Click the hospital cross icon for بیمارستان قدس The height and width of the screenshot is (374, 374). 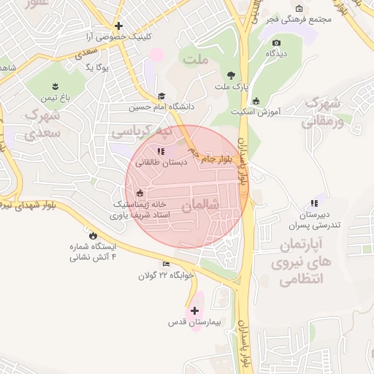coord(194,310)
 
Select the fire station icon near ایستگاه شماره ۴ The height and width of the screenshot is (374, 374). coord(93,234)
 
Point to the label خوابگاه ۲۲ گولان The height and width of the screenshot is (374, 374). coord(167,276)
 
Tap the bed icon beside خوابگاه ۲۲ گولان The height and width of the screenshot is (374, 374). coord(167,264)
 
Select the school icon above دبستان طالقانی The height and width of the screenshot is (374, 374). coord(161,151)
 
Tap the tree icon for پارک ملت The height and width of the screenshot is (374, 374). coord(232,75)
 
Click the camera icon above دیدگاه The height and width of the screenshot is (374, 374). coord(277,42)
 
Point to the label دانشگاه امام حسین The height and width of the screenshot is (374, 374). coord(161,107)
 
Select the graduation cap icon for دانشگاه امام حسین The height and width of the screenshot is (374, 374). coord(161,95)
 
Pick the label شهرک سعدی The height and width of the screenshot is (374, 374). coord(42,124)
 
